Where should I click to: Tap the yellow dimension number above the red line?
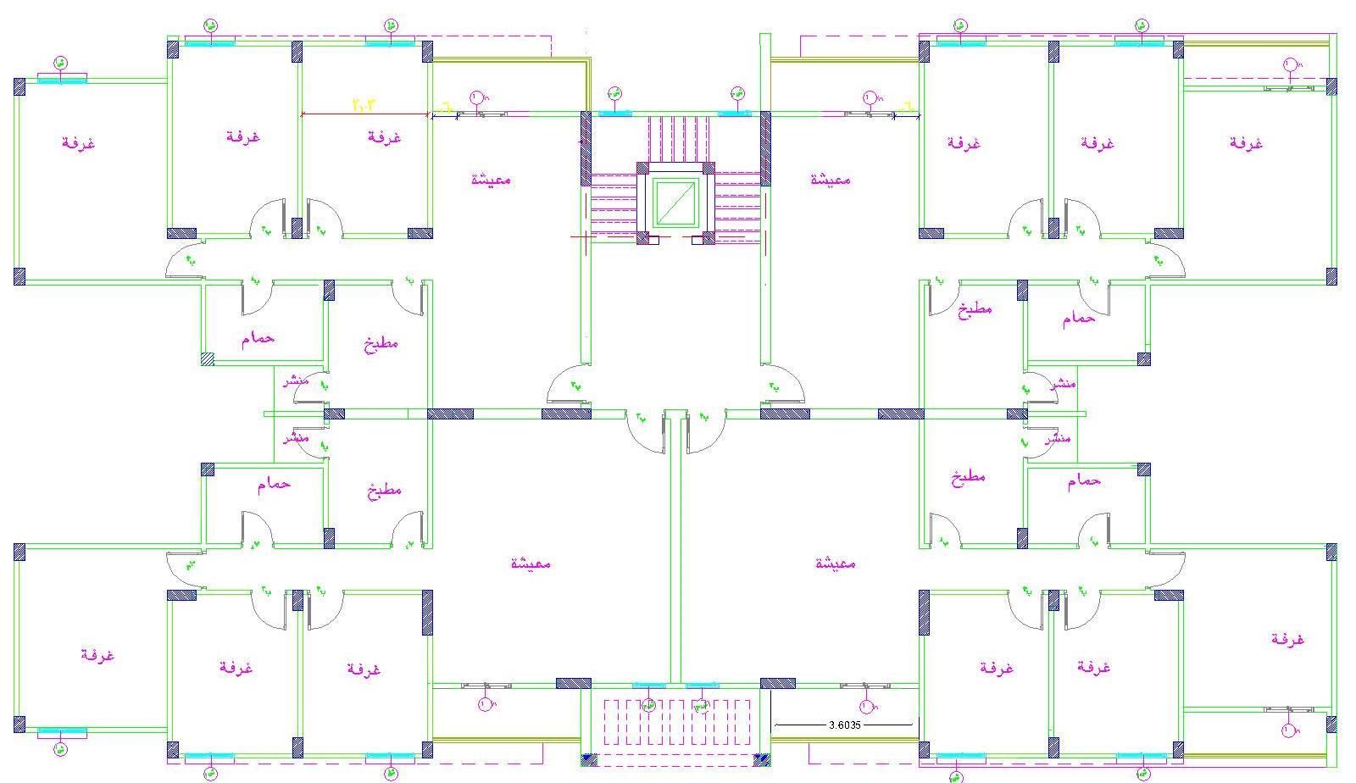coord(363,104)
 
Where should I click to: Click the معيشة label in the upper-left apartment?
coord(491,179)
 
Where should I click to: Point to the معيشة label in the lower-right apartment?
coord(836,563)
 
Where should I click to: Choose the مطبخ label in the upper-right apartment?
coord(975,309)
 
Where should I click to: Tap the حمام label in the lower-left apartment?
coord(274,484)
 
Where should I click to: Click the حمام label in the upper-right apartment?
coord(1078,319)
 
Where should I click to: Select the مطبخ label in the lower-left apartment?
coord(384,490)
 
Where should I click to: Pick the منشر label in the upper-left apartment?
coord(296,380)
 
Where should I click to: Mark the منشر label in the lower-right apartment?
coord(1059,439)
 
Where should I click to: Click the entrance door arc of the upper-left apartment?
coord(569,383)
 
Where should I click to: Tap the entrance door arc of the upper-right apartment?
coord(783,383)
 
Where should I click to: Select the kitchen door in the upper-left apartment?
coord(410,293)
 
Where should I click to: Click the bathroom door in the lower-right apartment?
coord(1093,530)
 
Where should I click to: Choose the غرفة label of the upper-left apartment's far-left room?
coord(78,142)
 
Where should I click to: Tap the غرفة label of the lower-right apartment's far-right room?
coord(1287,639)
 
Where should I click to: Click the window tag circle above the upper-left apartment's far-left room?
coord(60,63)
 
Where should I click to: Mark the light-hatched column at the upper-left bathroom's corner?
coord(208,358)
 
